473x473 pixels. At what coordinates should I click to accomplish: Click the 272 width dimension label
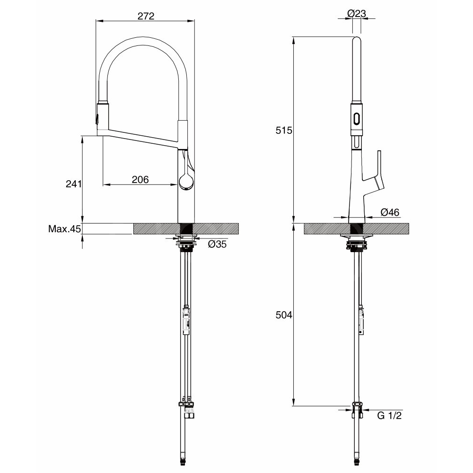click(x=146, y=16)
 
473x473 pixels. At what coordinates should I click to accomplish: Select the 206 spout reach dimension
click(x=140, y=179)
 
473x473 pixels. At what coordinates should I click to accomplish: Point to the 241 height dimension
click(x=74, y=184)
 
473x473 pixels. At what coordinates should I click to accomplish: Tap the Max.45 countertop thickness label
click(x=64, y=229)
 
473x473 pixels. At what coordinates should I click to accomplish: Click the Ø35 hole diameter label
click(x=217, y=244)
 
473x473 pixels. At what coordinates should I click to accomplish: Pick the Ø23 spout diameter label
click(x=357, y=13)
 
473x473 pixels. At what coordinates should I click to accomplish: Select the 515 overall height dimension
click(x=284, y=131)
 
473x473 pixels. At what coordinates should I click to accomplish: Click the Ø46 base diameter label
click(x=390, y=212)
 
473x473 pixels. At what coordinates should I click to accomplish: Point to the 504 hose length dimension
click(x=284, y=315)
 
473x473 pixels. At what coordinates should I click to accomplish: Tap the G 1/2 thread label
click(x=389, y=415)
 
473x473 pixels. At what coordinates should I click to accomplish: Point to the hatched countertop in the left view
click(x=186, y=228)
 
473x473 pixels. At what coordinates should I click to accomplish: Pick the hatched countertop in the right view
click(x=357, y=228)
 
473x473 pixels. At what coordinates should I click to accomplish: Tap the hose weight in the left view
click(x=187, y=320)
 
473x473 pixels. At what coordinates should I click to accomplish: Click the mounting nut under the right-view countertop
click(x=357, y=245)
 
